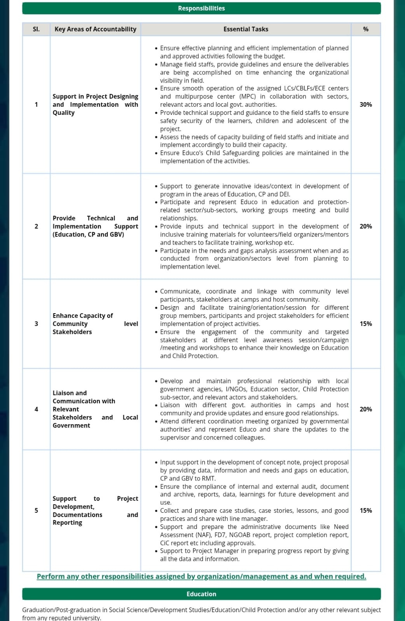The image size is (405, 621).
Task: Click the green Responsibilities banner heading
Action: pyautogui.click(x=201, y=8)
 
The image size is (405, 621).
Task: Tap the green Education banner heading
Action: pyautogui.click(x=201, y=594)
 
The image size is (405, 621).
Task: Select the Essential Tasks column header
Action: pyautogui.click(x=246, y=29)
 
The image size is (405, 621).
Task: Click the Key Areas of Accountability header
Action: pyautogui.click(x=95, y=29)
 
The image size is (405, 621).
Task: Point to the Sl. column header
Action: pyautogui.click(x=36, y=29)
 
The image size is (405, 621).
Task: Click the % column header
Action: pyautogui.click(x=365, y=29)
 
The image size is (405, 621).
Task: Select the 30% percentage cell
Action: pyautogui.click(x=365, y=104)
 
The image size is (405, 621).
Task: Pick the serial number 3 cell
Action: pyautogui.click(x=36, y=324)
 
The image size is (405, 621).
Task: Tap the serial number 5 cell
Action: pyautogui.click(x=36, y=510)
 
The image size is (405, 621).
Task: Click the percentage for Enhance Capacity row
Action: pyautogui.click(x=365, y=324)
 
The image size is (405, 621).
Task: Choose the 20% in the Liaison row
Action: pyautogui.click(x=365, y=409)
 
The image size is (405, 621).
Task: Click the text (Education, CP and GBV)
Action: pyautogui.click(x=88, y=234)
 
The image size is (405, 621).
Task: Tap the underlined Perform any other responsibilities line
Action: pyautogui.click(x=201, y=576)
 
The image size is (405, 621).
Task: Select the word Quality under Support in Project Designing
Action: pyautogui.click(x=63, y=113)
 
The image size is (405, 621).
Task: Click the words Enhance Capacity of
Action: pyautogui.click(x=83, y=316)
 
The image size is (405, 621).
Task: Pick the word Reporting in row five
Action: pyautogui.click(x=67, y=522)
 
